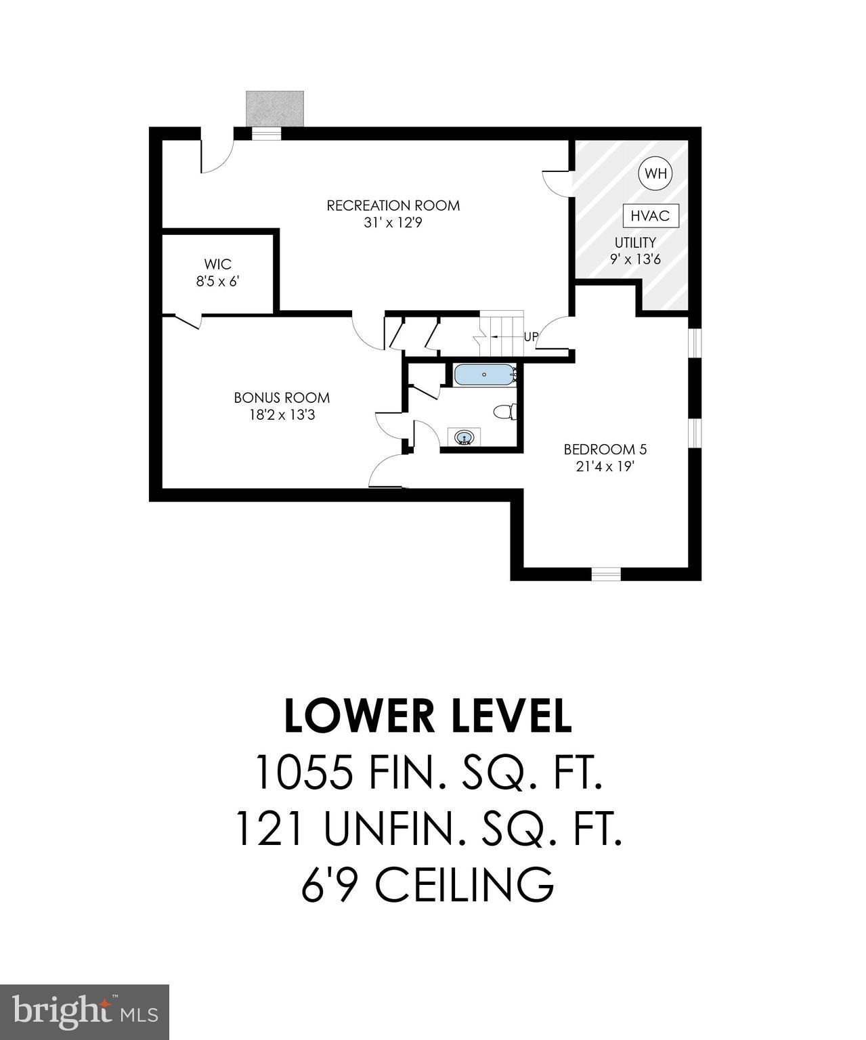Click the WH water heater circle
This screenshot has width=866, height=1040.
tap(655, 173)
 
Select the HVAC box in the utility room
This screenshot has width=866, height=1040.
tap(650, 216)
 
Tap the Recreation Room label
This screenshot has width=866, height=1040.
tap(393, 205)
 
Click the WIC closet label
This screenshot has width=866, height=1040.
tap(217, 264)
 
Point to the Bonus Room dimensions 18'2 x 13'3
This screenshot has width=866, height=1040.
tap(282, 415)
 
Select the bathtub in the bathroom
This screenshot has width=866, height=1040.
tap(484, 374)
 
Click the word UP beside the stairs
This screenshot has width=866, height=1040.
tap(531, 337)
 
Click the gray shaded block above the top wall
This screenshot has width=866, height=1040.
tap(275, 108)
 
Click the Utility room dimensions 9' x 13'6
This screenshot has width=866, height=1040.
tap(635, 259)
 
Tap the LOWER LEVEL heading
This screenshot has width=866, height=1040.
tap(428, 716)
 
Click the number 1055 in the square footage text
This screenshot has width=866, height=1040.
tap(304, 773)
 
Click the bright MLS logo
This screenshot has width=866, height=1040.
tap(85, 1012)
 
